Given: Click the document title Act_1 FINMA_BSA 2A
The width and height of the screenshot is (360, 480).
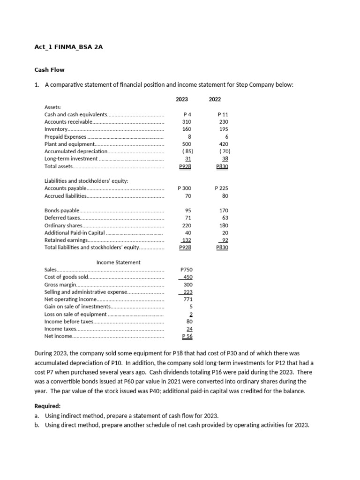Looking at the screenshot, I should (x=68, y=47).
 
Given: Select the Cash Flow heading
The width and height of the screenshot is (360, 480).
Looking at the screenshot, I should (x=49, y=70).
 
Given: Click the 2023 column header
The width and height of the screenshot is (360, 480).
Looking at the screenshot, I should (x=182, y=99).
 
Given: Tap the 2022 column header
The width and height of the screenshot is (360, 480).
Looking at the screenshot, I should (x=215, y=99).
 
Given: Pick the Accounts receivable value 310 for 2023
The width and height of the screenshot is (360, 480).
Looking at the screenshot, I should (x=187, y=122).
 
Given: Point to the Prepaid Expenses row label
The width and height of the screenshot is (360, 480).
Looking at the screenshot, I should (x=65, y=136).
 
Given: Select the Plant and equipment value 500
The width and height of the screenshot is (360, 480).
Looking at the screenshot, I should (x=187, y=144).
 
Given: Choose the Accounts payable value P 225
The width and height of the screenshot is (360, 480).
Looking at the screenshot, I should (x=221, y=188).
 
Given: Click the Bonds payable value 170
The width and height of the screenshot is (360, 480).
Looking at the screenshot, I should (x=224, y=210).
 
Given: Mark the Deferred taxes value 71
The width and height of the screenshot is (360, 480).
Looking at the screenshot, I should (x=188, y=218).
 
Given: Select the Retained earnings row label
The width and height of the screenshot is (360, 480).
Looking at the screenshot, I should (x=66, y=240).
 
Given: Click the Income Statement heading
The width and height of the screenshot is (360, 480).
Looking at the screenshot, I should (x=118, y=262).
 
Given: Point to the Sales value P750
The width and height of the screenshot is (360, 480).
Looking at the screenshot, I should (x=187, y=270).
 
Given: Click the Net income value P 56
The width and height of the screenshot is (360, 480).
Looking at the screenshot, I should (x=187, y=336).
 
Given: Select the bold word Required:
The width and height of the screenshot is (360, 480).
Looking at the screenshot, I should (x=47, y=406).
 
